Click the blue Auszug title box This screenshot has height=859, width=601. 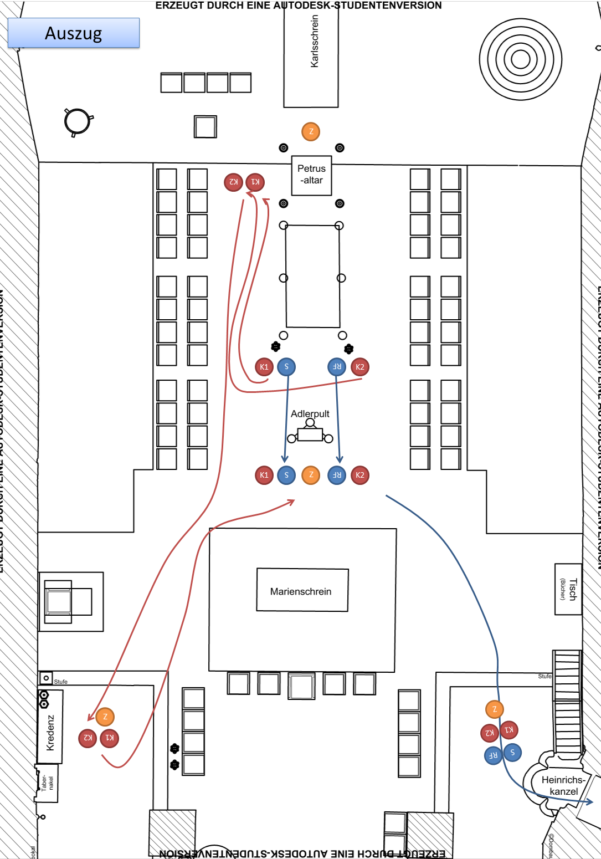(x=74, y=33)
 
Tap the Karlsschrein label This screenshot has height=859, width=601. (x=315, y=42)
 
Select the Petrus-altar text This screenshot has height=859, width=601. (x=312, y=175)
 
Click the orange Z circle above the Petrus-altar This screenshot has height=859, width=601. (x=311, y=132)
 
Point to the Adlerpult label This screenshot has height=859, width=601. (x=310, y=414)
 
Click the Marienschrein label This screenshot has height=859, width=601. (x=301, y=591)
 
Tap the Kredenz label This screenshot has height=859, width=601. (x=50, y=733)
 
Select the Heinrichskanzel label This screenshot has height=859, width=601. (x=563, y=786)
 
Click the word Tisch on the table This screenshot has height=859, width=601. (x=573, y=590)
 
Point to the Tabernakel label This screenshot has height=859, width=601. (x=47, y=783)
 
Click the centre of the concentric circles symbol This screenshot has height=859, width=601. (x=520, y=59)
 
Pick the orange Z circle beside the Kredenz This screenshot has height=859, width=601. (x=105, y=717)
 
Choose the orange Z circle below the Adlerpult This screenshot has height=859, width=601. (x=311, y=475)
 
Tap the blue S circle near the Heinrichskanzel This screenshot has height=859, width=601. (x=512, y=752)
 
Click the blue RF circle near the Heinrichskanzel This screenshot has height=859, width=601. (x=493, y=755)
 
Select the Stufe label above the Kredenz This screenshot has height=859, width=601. (x=61, y=682)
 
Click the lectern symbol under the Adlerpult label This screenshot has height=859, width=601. (x=310, y=433)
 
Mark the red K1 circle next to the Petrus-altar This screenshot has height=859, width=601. (x=255, y=182)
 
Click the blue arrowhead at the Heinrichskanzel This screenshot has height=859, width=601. (x=589, y=801)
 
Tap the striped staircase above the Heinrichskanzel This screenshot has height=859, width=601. (x=567, y=701)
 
